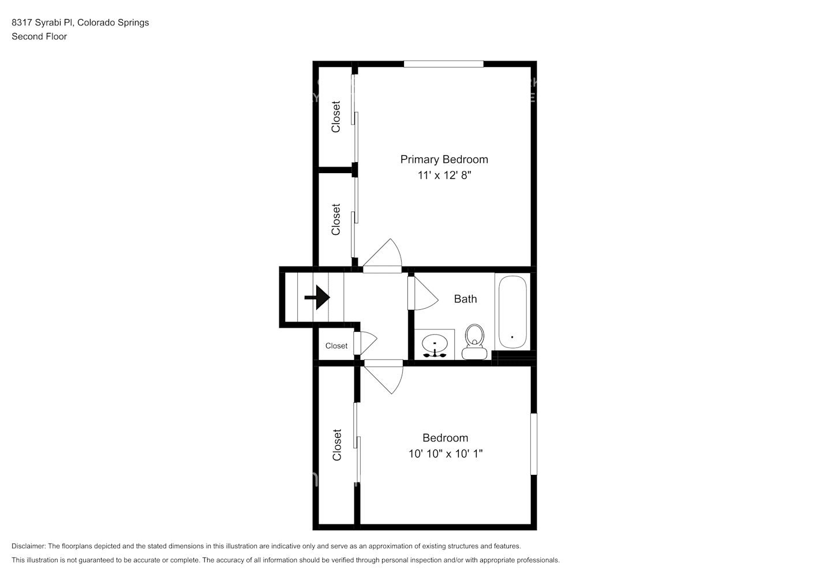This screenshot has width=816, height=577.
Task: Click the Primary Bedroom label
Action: click(x=444, y=159)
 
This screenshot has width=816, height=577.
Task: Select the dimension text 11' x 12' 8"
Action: click(x=444, y=175)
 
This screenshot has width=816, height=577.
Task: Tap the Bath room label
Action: click(x=465, y=299)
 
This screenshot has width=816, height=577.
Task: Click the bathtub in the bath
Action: click(x=511, y=312)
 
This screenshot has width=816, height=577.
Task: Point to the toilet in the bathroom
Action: click(x=474, y=342)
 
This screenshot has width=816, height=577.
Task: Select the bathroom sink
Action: click(x=434, y=345)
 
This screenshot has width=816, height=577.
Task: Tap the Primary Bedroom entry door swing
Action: click(x=382, y=257)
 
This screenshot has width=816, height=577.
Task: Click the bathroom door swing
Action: click(x=422, y=293)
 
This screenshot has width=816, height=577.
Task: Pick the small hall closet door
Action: click(x=364, y=343)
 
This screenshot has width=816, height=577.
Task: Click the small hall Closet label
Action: click(x=336, y=346)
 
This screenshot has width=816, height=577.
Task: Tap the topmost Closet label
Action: click(x=336, y=117)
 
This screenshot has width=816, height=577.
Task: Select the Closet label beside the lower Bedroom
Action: click(x=337, y=445)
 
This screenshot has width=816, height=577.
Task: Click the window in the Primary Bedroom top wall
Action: click(x=443, y=64)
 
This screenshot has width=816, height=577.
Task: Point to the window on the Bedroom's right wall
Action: click(x=534, y=444)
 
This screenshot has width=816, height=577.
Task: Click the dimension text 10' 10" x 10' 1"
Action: click(x=445, y=454)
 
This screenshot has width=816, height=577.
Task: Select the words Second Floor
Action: click(x=39, y=36)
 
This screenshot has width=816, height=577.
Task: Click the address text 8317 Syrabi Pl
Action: click(x=43, y=23)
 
